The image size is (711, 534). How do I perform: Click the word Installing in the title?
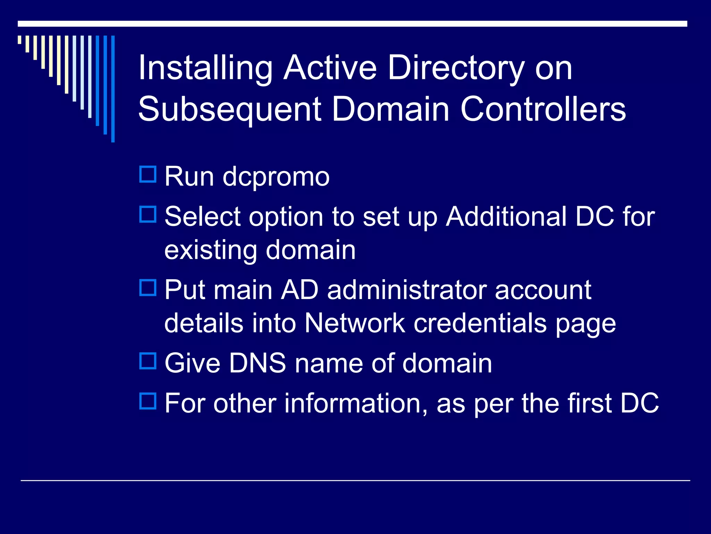[205, 69]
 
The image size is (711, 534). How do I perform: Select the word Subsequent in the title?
[229, 109]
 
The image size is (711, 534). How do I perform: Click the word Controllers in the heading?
[543, 109]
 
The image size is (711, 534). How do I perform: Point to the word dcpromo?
[276, 177]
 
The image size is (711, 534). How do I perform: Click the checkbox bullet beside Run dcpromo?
[148, 175]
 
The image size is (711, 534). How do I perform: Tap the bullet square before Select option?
[148, 215]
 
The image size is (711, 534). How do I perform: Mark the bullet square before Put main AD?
[148, 288]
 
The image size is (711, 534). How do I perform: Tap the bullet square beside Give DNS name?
[148, 361]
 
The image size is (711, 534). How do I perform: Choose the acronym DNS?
[257, 363]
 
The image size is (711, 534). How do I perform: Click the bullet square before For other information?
[148, 401]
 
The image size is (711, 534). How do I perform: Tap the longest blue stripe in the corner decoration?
[113, 89]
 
